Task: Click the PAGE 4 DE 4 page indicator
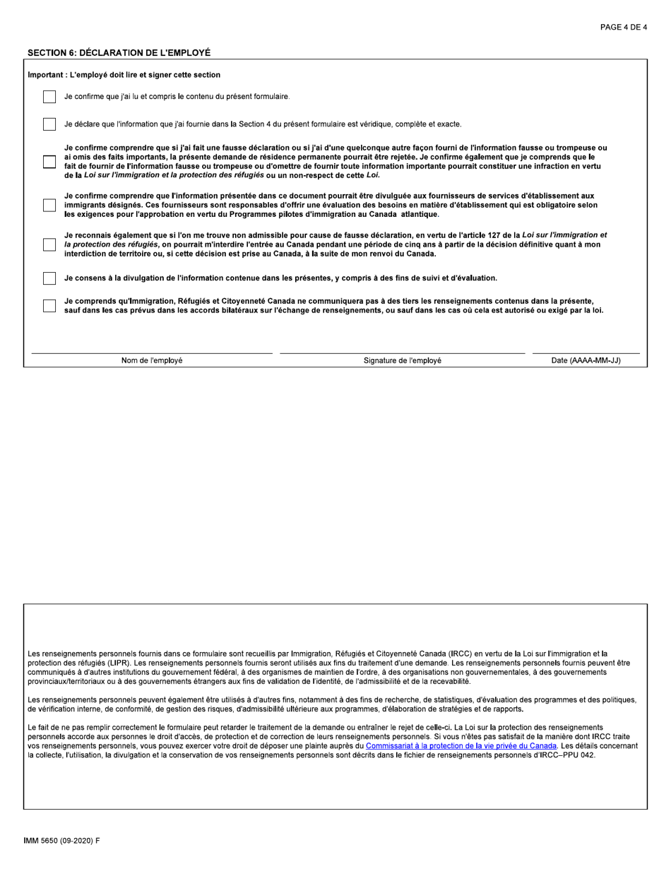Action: coord(623,28)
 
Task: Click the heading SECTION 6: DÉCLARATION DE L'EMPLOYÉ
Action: coord(119,53)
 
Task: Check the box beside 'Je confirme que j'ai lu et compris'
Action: coord(49,97)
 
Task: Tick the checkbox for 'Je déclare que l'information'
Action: coord(49,124)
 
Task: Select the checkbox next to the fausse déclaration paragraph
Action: coord(49,161)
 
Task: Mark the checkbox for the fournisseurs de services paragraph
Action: coord(49,205)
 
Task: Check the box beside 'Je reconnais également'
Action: coord(49,244)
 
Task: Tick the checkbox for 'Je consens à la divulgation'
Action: coord(49,278)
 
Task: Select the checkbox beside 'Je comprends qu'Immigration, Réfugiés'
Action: coord(49,306)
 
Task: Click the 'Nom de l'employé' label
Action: coord(152,360)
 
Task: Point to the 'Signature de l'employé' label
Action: coord(403,360)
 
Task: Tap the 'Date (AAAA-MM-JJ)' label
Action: coord(586,360)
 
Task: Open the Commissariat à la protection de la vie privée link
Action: coord(461,745)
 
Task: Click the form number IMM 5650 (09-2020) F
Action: coord(62,841)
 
